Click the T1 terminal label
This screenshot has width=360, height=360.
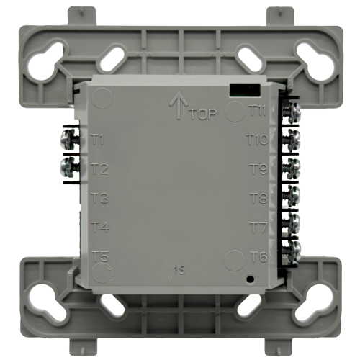(100, 139)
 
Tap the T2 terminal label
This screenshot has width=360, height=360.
(100, 170)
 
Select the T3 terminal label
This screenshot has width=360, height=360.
(100, 198)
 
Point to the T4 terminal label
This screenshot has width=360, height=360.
(100, 228)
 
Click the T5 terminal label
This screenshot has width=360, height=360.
(100, 256)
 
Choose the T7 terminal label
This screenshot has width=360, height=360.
(258, 228)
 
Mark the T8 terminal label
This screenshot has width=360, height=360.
(258, 197)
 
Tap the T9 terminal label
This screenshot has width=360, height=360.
(258, 169)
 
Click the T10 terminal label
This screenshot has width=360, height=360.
(256, 139)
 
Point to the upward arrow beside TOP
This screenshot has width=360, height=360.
(176, 106)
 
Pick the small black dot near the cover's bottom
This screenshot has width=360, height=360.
(249, 279)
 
